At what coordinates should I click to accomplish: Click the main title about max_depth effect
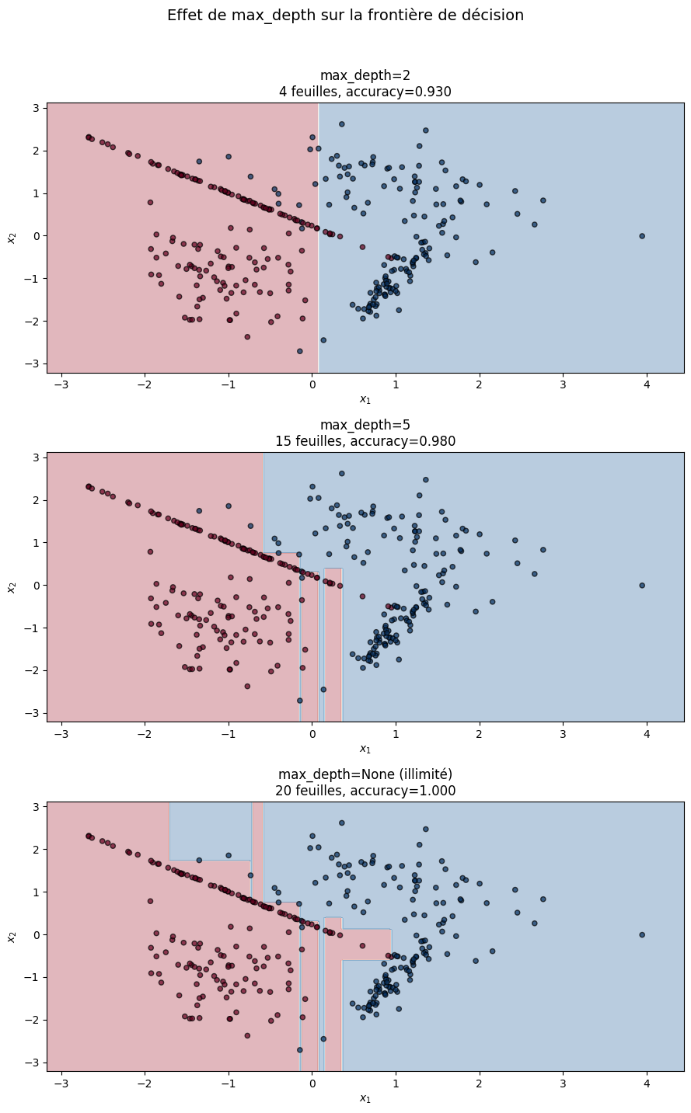345,16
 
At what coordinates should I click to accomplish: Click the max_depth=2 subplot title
365,75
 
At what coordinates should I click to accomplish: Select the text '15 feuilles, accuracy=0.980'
365,441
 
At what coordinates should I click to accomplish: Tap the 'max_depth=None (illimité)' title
365,774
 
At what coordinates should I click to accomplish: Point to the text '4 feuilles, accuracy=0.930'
365,92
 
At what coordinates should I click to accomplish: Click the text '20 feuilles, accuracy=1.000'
365,791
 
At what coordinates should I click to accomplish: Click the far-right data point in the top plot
642,236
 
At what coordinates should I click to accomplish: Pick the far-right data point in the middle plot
642,586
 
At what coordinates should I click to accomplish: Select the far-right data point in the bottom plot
642,935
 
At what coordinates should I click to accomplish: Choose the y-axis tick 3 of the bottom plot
35,807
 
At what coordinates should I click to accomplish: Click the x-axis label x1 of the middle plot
365,749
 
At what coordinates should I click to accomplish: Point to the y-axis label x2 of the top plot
12,236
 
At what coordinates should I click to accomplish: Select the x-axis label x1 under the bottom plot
365,1098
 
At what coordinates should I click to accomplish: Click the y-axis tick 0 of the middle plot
35,586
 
